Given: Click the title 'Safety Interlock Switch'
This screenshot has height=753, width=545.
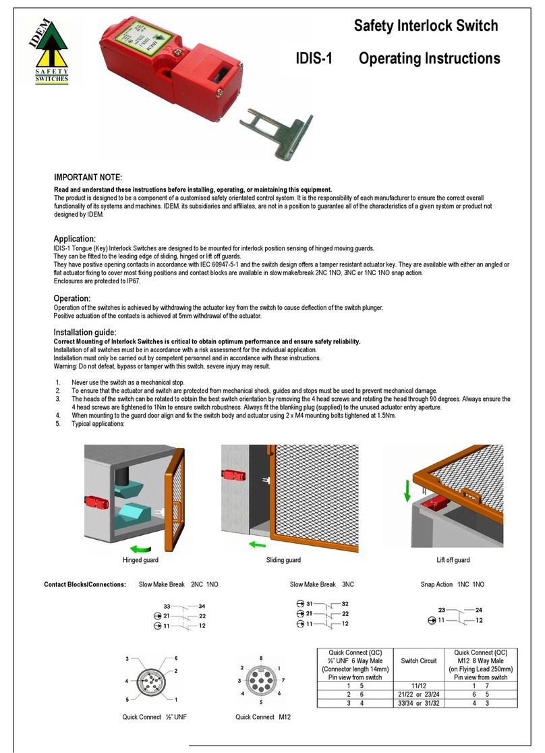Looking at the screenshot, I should (426, 26).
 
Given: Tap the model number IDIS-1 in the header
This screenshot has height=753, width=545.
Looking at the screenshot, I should (314, 59).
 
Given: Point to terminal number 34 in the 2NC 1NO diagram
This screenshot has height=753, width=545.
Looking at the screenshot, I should (202, 607).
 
